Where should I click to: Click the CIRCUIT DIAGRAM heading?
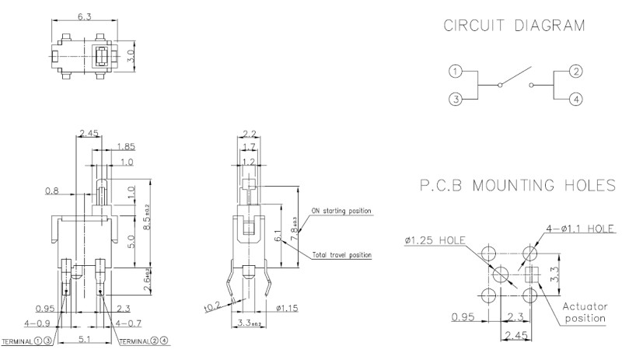(x=513, y=26)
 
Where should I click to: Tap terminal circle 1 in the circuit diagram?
(x=455, y=72)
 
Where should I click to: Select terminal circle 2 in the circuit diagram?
(x=576, y=72)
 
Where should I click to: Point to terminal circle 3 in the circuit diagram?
(x=455, y=99)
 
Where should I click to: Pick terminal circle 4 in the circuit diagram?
(x=576, y=99)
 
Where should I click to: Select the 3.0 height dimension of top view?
(x=131, y=57)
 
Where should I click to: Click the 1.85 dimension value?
(x=124, y=146)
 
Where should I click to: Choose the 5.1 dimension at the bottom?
(x=82, y=340)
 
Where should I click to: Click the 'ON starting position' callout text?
(x=341, y=211)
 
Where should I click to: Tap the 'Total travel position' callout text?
(x=341, y=255)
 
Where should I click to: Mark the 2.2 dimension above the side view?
(x=249, y=133)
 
